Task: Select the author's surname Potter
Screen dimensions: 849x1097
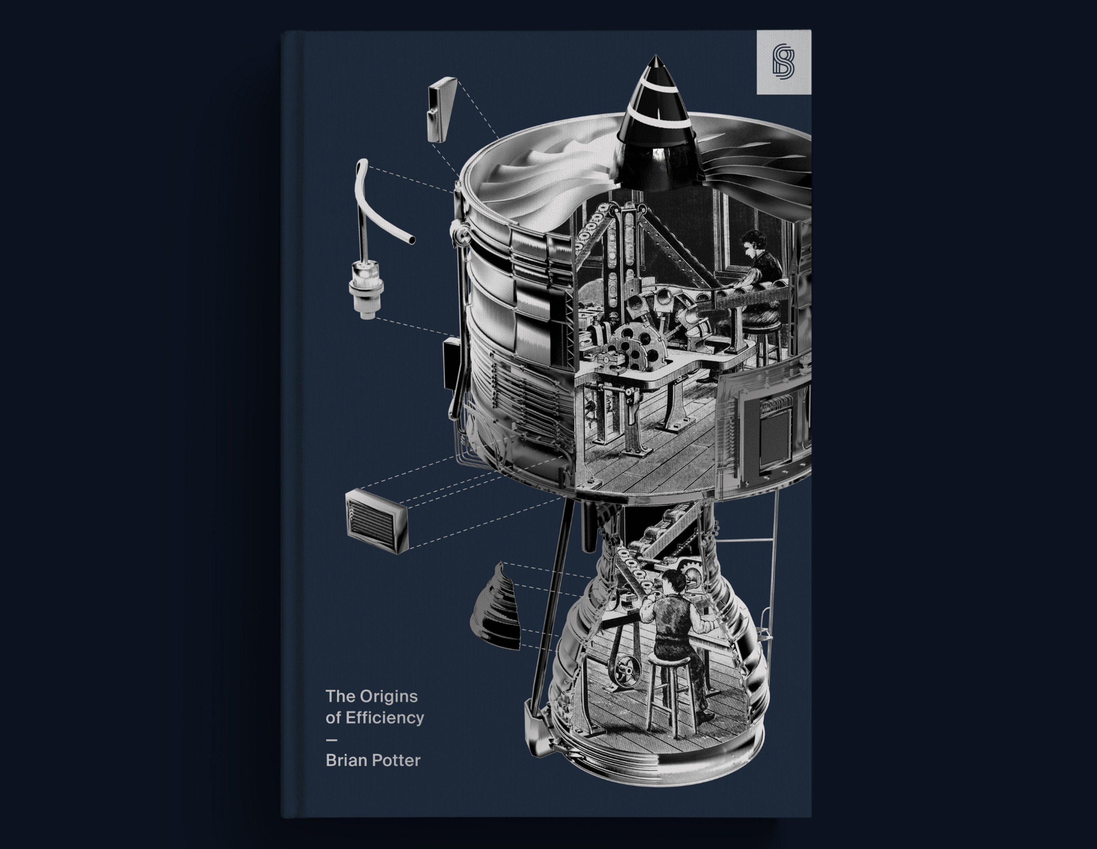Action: pyautogui.click(x=396, y=761)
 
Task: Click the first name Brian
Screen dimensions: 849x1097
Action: pyautogui.click(x=345, y=761)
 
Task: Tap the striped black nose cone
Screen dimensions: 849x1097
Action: pyautogui.click(x=656, y=125)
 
